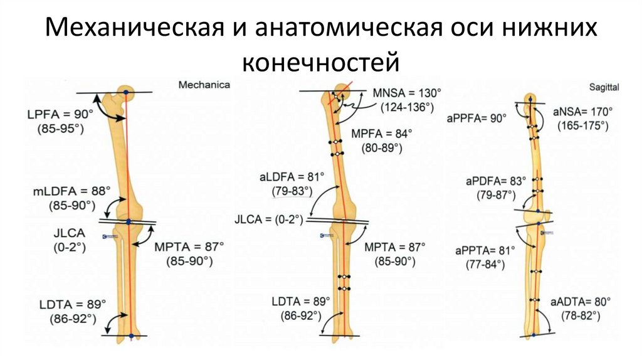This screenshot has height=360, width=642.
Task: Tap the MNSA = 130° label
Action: [x=406, y=93]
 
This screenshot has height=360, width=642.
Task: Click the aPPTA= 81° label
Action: [x=486, y=250]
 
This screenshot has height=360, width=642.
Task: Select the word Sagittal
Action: [x=604, y=85]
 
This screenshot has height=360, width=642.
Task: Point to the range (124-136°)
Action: [x=406, y=107]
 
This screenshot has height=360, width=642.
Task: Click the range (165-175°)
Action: [x=582, y=125]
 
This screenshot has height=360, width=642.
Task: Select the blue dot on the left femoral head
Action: [x=125, y=93]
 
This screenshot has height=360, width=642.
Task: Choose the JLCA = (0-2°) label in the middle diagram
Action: [x=268, y=220]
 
